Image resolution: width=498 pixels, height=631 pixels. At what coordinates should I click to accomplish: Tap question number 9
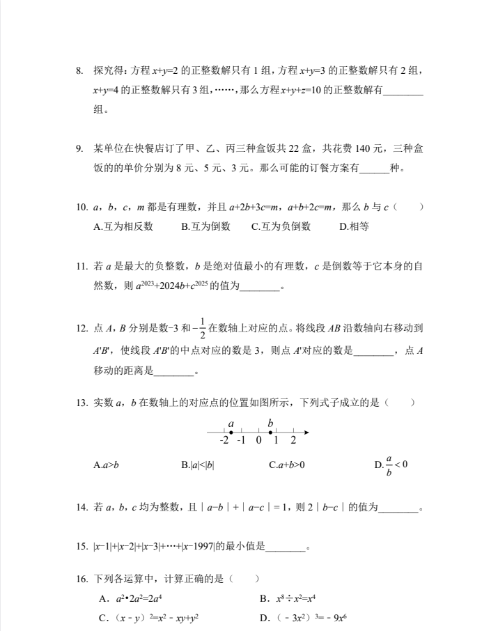click(x=80, y=148)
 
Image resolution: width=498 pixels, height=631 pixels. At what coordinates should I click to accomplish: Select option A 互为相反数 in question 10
click(x=123, y=226)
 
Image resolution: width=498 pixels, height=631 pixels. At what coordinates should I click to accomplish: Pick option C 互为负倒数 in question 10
click(x=281, y=226)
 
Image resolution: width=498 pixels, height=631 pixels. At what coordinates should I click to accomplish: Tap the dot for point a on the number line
click(x=231, y=433)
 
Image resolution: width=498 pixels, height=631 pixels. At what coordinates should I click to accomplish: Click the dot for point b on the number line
click(x=270, y=433)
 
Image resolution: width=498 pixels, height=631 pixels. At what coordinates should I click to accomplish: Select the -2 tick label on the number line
click(x=224, y=441)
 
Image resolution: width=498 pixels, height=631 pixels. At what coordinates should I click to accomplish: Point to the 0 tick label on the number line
click(x=258, y=441)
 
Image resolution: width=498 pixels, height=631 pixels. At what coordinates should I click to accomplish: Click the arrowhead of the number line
click(x=305, y=433)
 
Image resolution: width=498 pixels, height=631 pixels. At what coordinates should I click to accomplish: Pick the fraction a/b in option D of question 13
click(x=389, y=465)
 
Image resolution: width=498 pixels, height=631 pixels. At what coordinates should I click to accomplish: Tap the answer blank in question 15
click(x=286, y=547)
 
